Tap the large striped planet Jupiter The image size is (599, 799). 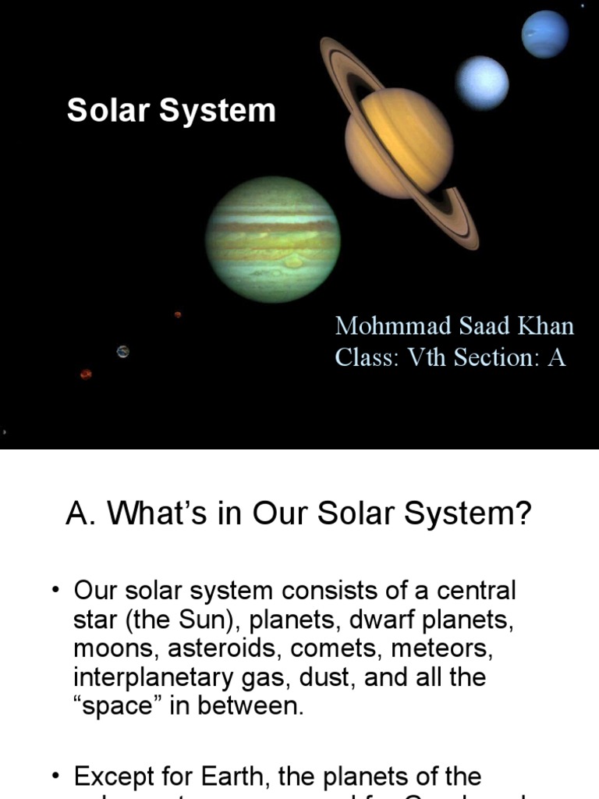click(x=272, y=239)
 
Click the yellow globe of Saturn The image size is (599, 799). click(x=399, y=143)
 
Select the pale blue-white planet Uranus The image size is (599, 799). click(x=482, y=83)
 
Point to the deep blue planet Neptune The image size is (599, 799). click(x=545, y=34)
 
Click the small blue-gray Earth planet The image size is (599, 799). click(x=122, y=352)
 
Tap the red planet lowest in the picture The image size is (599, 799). click(x=86, y=375)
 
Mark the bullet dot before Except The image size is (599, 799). click(x=56, y=776)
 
